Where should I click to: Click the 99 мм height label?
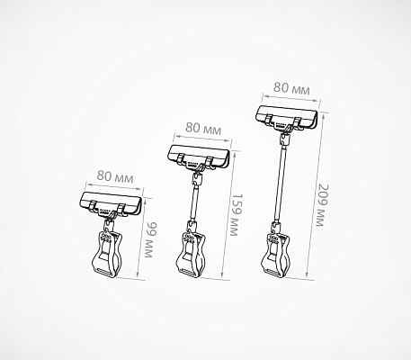click(x=151, y=239)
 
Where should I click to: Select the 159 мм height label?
click(x=237, y=215)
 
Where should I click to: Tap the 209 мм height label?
click(x=323, y=205)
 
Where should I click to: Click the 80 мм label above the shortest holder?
click(x=115, y=177)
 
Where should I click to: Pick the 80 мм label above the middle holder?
click(x=203, y=129)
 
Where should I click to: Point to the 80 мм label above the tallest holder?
click(x=291, y=88)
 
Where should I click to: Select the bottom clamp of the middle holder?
click(x=191, y=254)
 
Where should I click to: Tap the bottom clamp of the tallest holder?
click(x=276, y=254)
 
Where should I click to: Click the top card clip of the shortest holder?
click(x=110, y=204)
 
